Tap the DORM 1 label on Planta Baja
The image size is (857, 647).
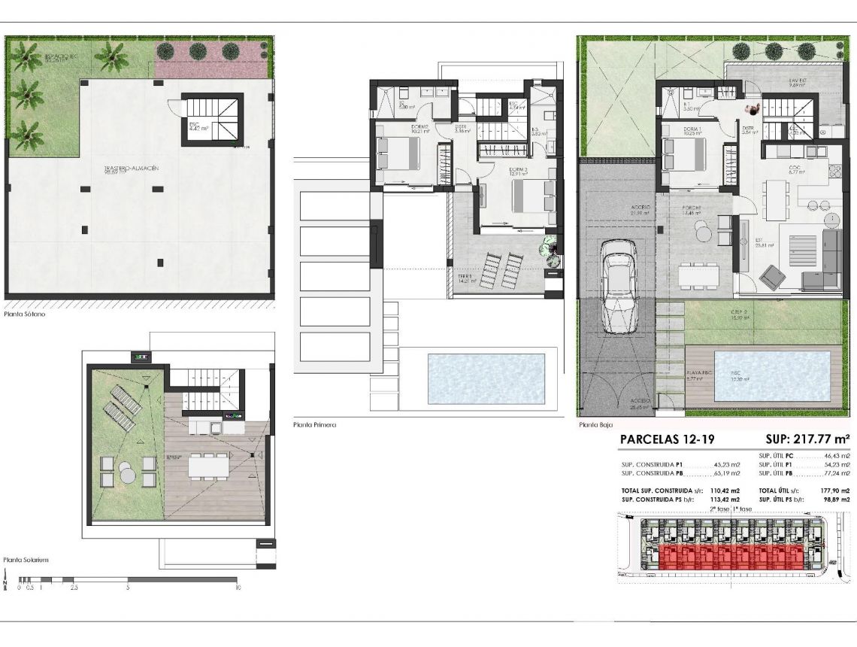point(692,129)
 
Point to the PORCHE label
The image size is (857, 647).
point(692,208)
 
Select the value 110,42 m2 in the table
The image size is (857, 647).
point(725,490)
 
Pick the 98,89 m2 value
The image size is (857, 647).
point(835,499)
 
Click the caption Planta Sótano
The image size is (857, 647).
point(25,314)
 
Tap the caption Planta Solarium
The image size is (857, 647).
point(26,560)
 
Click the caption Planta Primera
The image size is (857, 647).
point(314,425)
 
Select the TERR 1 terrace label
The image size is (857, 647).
point(465,277)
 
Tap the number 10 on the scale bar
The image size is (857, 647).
point(238,588)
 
